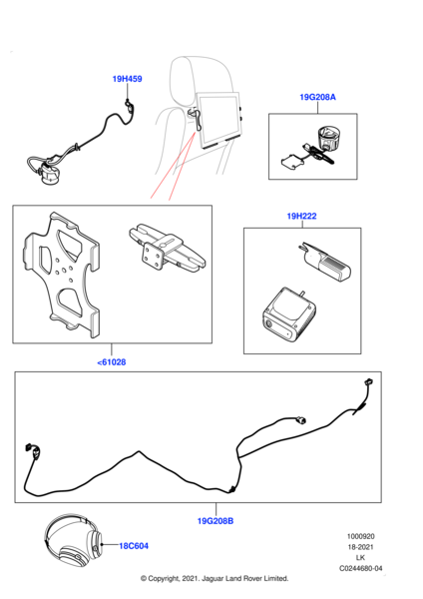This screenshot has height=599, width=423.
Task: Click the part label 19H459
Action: coord(127,79)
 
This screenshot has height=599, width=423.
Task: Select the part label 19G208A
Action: coord(317,97)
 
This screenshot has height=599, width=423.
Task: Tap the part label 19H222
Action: coord(301,217)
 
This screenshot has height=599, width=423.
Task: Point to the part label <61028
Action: coord(112,362)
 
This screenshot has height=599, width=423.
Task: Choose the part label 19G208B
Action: coord(215,521)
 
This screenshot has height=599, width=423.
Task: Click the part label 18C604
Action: coord(134,546)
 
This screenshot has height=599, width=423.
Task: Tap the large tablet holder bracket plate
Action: coord(61,275)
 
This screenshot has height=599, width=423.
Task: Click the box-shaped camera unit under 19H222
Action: coord(289,313)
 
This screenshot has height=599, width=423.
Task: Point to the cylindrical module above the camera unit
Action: coord(324,262)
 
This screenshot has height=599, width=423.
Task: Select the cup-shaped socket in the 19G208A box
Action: coord(328,139)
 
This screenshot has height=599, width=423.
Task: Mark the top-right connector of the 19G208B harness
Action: coord(369,381)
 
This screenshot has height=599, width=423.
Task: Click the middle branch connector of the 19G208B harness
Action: coord(301,420)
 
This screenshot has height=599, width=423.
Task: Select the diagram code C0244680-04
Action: coord(361,568)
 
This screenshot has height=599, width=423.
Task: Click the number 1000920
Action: coord(361,536)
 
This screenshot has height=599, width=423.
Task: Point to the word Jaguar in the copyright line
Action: coord(213,578)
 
